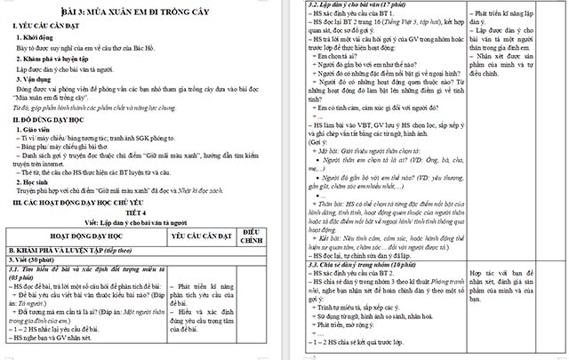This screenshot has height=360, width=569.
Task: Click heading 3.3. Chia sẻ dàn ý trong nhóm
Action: pyautogui.click(x=364, y=264)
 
